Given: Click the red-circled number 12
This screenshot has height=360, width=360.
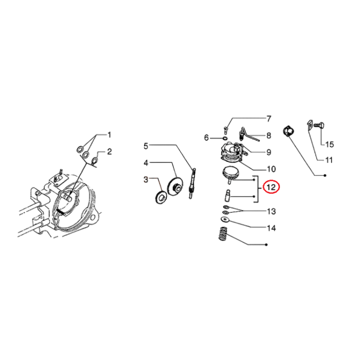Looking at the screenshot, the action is pos(271,187).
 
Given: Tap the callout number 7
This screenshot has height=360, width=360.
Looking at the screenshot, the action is pos(269,119).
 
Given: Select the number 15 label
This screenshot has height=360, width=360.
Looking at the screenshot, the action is pos(329,144).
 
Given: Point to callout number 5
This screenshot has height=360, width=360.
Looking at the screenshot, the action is pos(146,146).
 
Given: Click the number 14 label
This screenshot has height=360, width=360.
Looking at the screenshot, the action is pos(271,228).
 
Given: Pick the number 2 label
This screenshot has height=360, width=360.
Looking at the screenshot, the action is pos(109,152).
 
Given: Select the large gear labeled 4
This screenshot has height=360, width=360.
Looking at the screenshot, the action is pos(176,186).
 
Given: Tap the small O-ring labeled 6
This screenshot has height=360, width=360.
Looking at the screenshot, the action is pos(225,138).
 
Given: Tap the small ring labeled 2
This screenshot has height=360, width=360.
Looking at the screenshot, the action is pos(95,160).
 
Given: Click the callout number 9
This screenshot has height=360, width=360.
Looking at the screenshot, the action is pos(269,152).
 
